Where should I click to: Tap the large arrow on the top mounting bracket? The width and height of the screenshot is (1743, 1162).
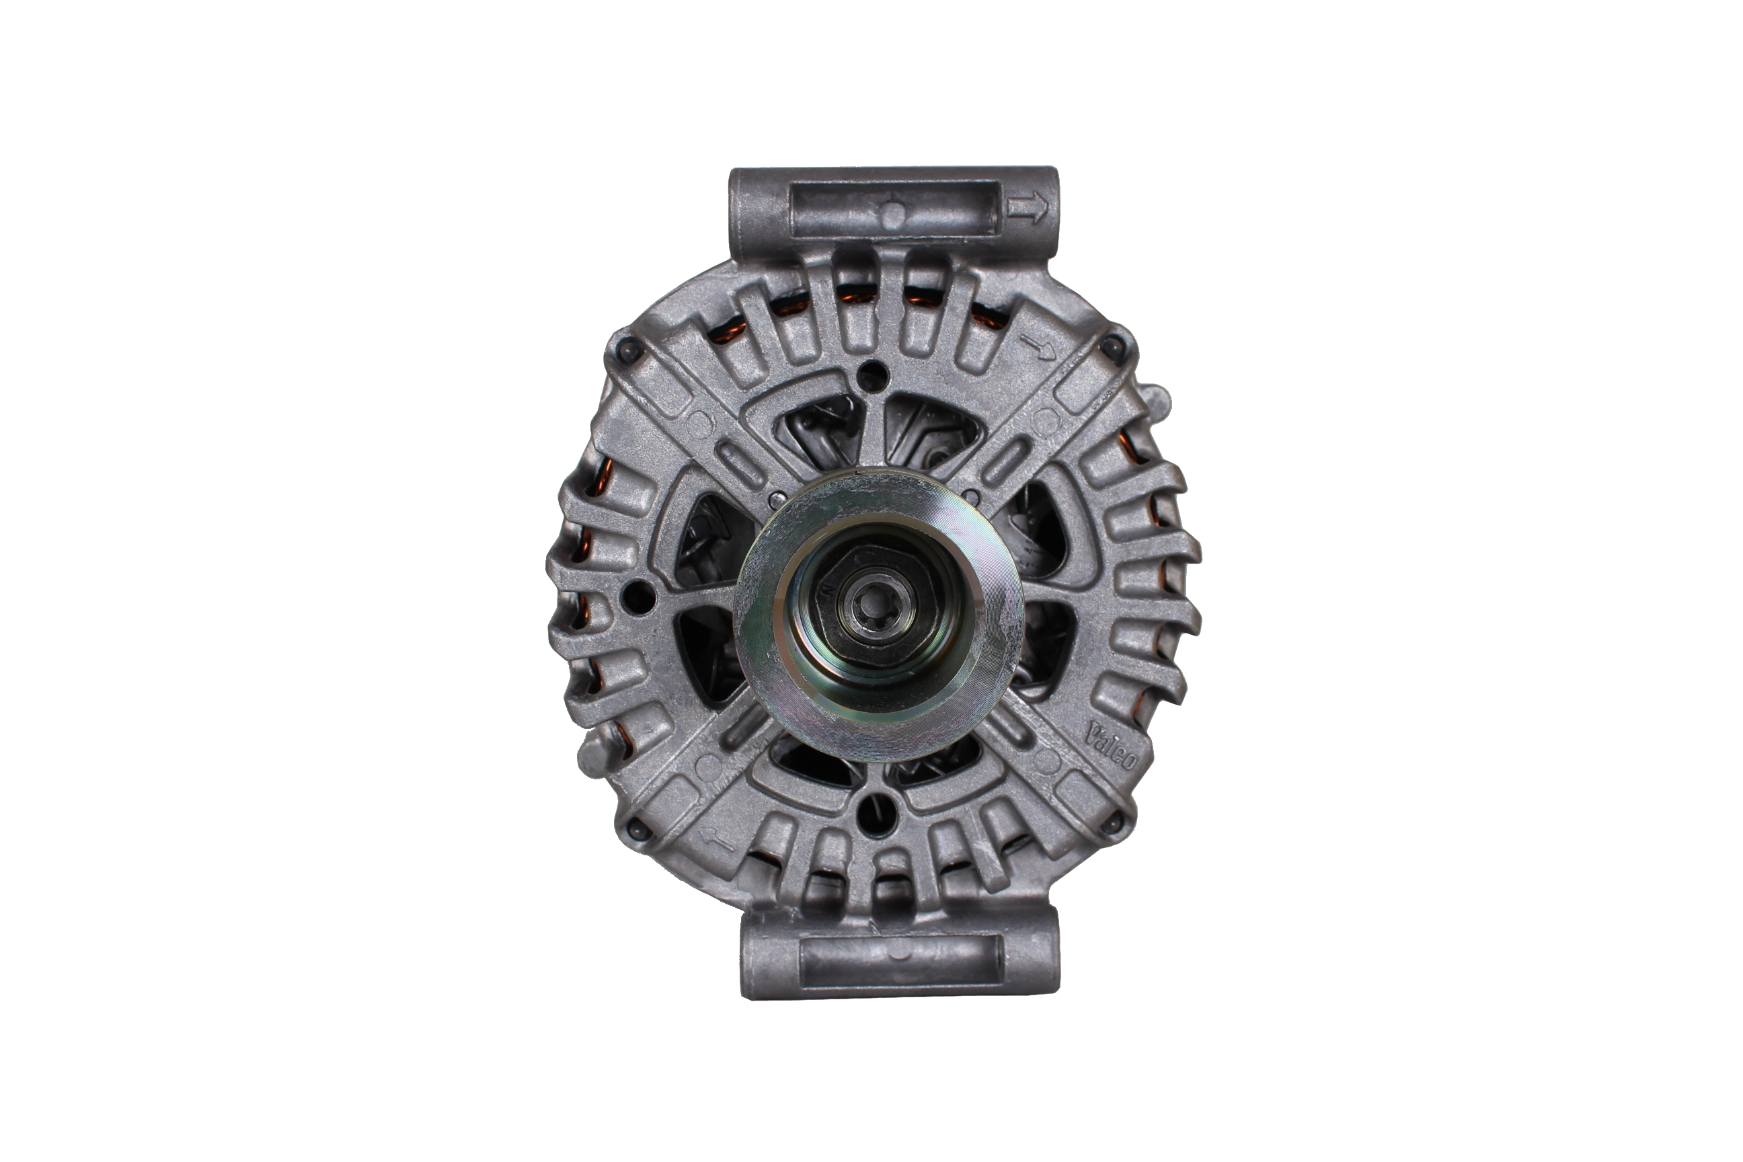pyautogui.click(x=1027, y=208)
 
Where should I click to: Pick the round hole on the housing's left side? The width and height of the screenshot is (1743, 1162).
pyautogui.click(x=638, y=597)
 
